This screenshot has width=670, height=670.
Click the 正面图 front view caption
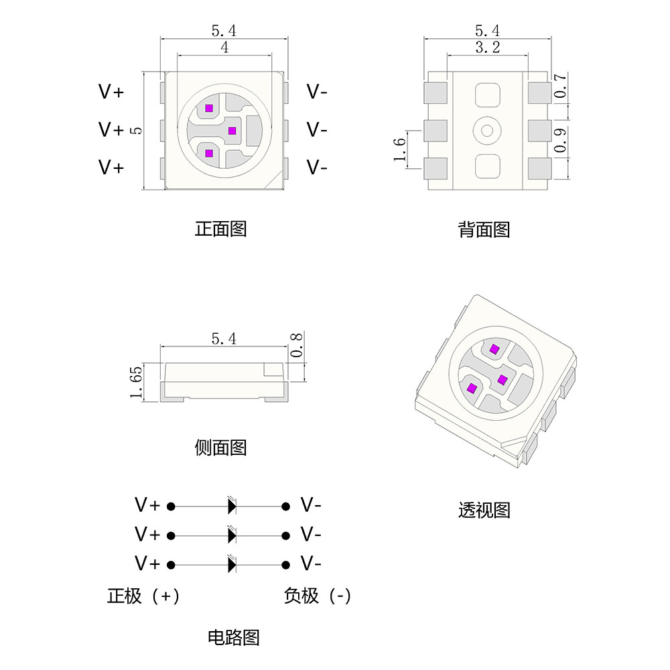click(x=220, y=228)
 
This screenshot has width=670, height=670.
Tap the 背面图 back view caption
click(x=484, y=230)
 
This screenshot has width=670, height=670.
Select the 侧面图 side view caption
click(x=220, y=447)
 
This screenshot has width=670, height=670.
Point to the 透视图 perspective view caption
click(x=484, y=510)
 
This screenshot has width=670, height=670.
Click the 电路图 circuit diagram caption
click(x=233, y=636)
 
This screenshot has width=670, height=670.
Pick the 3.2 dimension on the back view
click(x=487, y=48)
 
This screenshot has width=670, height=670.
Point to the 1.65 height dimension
click(x=137, y=383)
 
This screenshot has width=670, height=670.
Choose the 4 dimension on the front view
click(x=224, y=48)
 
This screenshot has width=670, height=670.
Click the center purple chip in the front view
click(x=232, y=130)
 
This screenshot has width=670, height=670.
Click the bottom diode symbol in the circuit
click(x=232, y=564)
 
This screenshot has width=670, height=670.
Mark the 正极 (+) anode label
click(x=143, y=596)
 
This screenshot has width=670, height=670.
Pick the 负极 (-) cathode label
click(x=317, y=596)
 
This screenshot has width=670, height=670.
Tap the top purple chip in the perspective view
click(x=494, y=348)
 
